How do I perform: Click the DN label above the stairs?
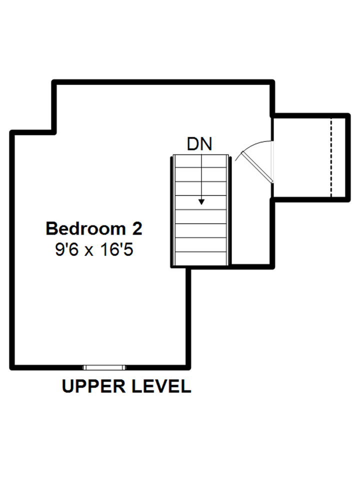199,144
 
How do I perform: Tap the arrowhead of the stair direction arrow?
201,201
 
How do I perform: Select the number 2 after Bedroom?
136,228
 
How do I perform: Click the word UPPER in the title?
94,386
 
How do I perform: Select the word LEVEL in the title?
162,386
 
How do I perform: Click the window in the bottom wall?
104,367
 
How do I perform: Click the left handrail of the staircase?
173,210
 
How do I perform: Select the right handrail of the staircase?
229,210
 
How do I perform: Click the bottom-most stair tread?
201,256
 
